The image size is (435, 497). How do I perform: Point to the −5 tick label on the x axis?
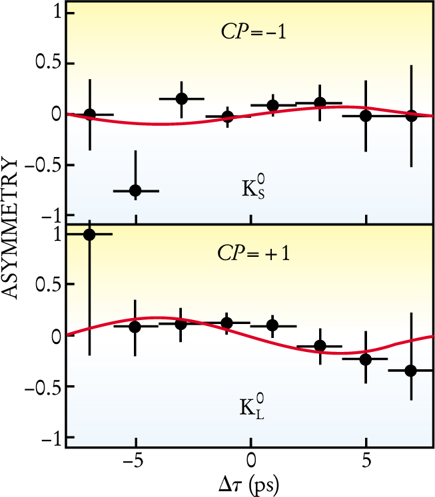click(x=133, y=461)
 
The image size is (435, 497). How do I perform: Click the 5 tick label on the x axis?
click(x=366, y=461)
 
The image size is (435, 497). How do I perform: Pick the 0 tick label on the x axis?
click(x=250, y=461)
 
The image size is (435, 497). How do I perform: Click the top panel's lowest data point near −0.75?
click(x=136, y=190)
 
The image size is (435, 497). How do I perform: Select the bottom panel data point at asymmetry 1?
click(x=90, y=234)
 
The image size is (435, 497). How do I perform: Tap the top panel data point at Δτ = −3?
click(x=182, y=98)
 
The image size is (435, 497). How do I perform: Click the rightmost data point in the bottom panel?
click(x=410, y=370)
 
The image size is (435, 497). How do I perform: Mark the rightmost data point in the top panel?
click(x=411, y=115)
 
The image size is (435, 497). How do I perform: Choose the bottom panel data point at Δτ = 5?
click(x=365, y=359)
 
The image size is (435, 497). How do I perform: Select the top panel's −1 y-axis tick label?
click(x=51, y=215)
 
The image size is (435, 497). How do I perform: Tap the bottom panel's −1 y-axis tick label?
click(x=51, y=437)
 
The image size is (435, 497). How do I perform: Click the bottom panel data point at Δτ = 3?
click(x=320, y=345)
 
